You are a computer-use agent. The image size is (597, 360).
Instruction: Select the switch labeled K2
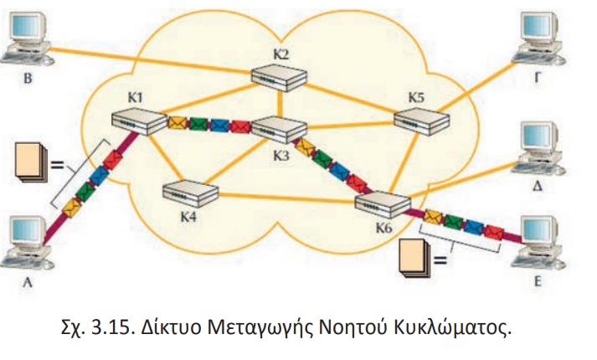click(x=279, y=78)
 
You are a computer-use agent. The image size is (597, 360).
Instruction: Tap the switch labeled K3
click(x=280, y=130)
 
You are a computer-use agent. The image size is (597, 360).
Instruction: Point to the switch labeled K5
click(x=421, y=121)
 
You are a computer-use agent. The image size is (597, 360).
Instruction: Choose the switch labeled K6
click(x=383, y=205)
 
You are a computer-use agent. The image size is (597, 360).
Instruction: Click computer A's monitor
click(x=28, y=230)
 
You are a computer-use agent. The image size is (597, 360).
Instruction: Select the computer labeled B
click(x=28, y=39)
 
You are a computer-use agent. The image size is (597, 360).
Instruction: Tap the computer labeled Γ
click(x=538, y=38)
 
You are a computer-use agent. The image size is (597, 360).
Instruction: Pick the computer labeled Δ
click(x=538, y=148)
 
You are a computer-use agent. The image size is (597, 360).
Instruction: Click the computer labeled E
click(x=538, y=243)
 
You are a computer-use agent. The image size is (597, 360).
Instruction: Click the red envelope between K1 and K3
click(x=240, y=126)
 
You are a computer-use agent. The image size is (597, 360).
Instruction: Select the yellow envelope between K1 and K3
click(x=178, y=123)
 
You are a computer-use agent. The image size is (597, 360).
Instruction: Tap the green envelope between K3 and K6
click(x=322, y=159)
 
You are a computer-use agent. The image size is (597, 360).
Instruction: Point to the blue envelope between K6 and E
click(x=474, y=227)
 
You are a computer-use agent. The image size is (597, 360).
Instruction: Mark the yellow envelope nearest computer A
click(x=72, y=208)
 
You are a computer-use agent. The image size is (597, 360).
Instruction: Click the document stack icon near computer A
click(x=31, y=162)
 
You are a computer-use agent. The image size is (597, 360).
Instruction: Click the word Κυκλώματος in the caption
click(x=452, y=327)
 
